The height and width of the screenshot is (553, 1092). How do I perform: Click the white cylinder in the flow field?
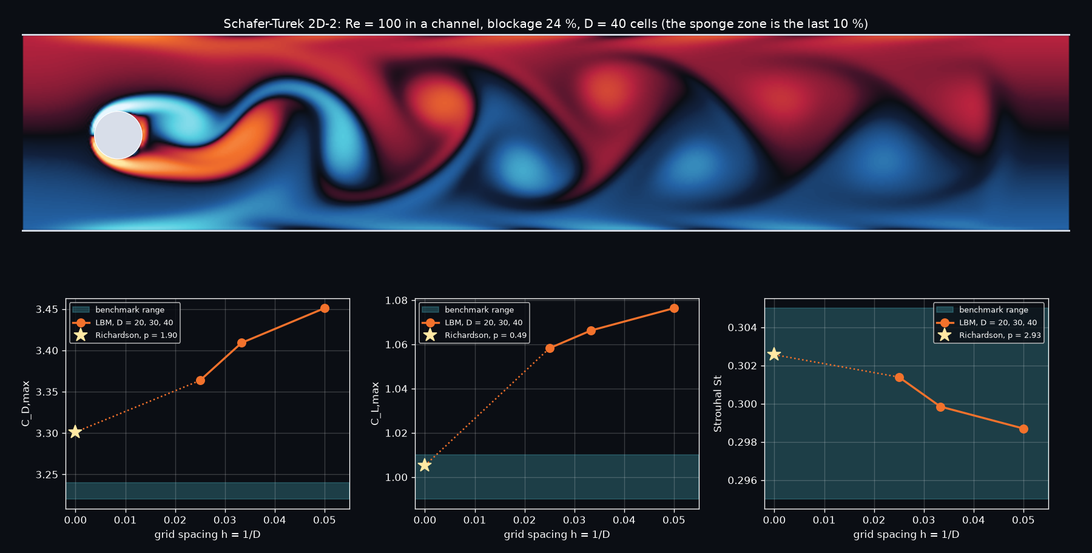[x=118, y=135]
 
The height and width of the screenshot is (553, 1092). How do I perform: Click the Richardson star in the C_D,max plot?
[x=75, y=432]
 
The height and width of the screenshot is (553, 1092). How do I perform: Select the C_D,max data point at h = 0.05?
[x=325, y=309]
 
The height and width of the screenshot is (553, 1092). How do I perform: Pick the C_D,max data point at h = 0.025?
[x=200, y=380]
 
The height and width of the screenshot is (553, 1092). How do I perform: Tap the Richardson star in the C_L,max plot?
[x=425, y=465]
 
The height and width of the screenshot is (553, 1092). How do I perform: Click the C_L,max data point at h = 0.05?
[x=674, y=308]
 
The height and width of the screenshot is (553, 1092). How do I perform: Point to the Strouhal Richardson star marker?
[x=774, y=354]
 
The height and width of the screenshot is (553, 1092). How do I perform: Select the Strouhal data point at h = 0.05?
[x=1023, y=429]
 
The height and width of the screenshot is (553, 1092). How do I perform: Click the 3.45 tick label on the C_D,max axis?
[x=47, y=310]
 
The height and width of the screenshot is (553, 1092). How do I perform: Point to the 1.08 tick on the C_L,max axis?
[x=397, y=301]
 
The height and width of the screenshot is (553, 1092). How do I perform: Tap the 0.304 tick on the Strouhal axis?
[x=743, y=328]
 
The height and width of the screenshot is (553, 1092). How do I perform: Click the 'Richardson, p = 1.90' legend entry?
[x=136, y=335]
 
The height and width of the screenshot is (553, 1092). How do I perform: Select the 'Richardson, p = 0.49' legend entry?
[x=485, y=335]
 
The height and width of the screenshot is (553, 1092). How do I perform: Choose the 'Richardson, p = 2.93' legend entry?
[x=1000, y=335]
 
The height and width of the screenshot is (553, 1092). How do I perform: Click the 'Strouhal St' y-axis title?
[x=718, y=404]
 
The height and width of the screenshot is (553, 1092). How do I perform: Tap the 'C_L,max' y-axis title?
[x=375, y=403]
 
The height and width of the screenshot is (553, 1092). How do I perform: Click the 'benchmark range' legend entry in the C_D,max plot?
[x=130, y=310]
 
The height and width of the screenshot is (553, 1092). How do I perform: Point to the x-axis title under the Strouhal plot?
[x=906, y=534]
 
